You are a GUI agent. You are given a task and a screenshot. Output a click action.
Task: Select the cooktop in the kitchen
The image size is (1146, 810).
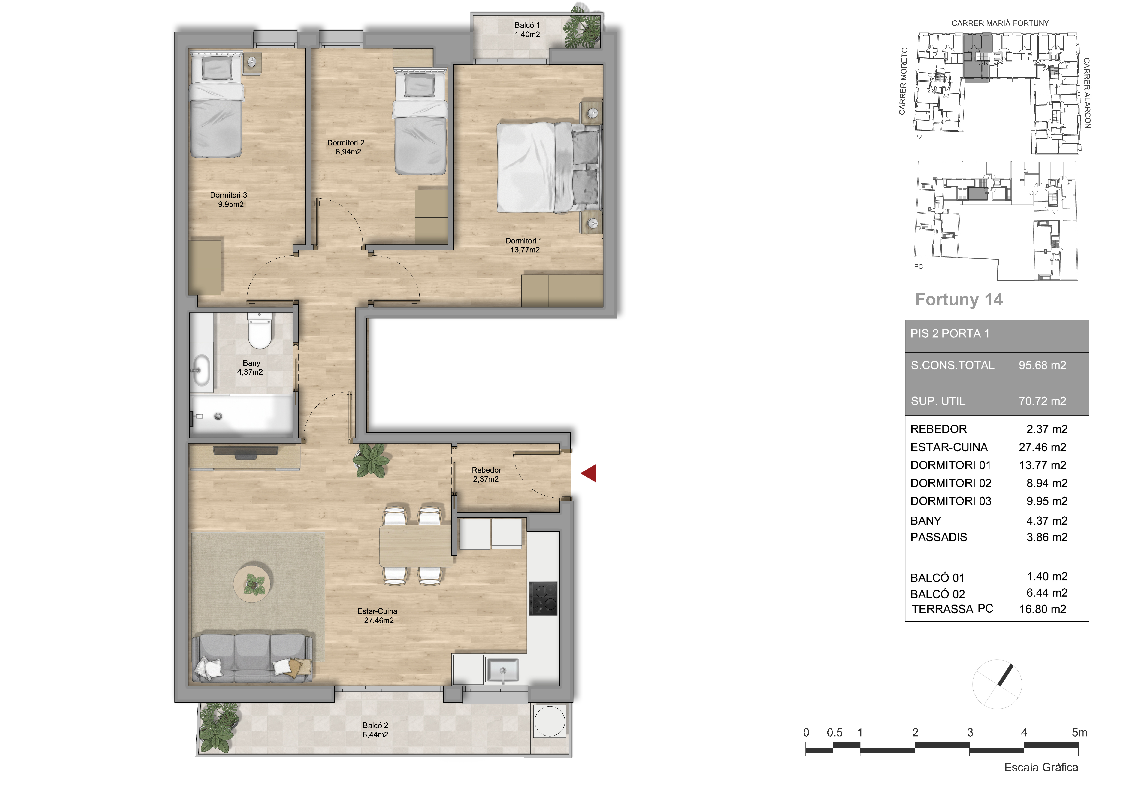[x=543, y=598]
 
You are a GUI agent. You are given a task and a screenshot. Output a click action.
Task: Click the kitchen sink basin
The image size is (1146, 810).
[x=502, y=670]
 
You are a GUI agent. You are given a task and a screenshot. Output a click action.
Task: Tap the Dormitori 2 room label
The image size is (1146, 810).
[x=346, y=147]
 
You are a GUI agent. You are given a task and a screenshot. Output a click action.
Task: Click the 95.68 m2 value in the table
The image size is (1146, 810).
[x=1042, y=365]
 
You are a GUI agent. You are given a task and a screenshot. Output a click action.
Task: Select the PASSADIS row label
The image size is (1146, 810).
[x=938, y=537]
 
